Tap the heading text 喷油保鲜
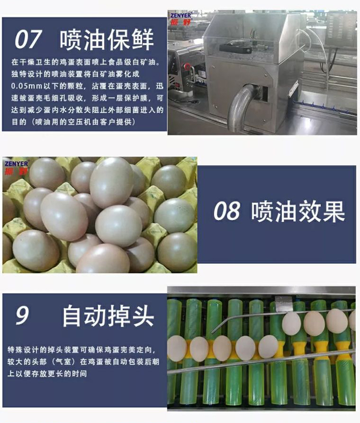tap(107, 39)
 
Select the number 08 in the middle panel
tap(226, 212)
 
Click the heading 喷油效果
tap(298, 211)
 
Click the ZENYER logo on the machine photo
tap(180, 18)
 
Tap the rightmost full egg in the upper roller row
tap(336, 321)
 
